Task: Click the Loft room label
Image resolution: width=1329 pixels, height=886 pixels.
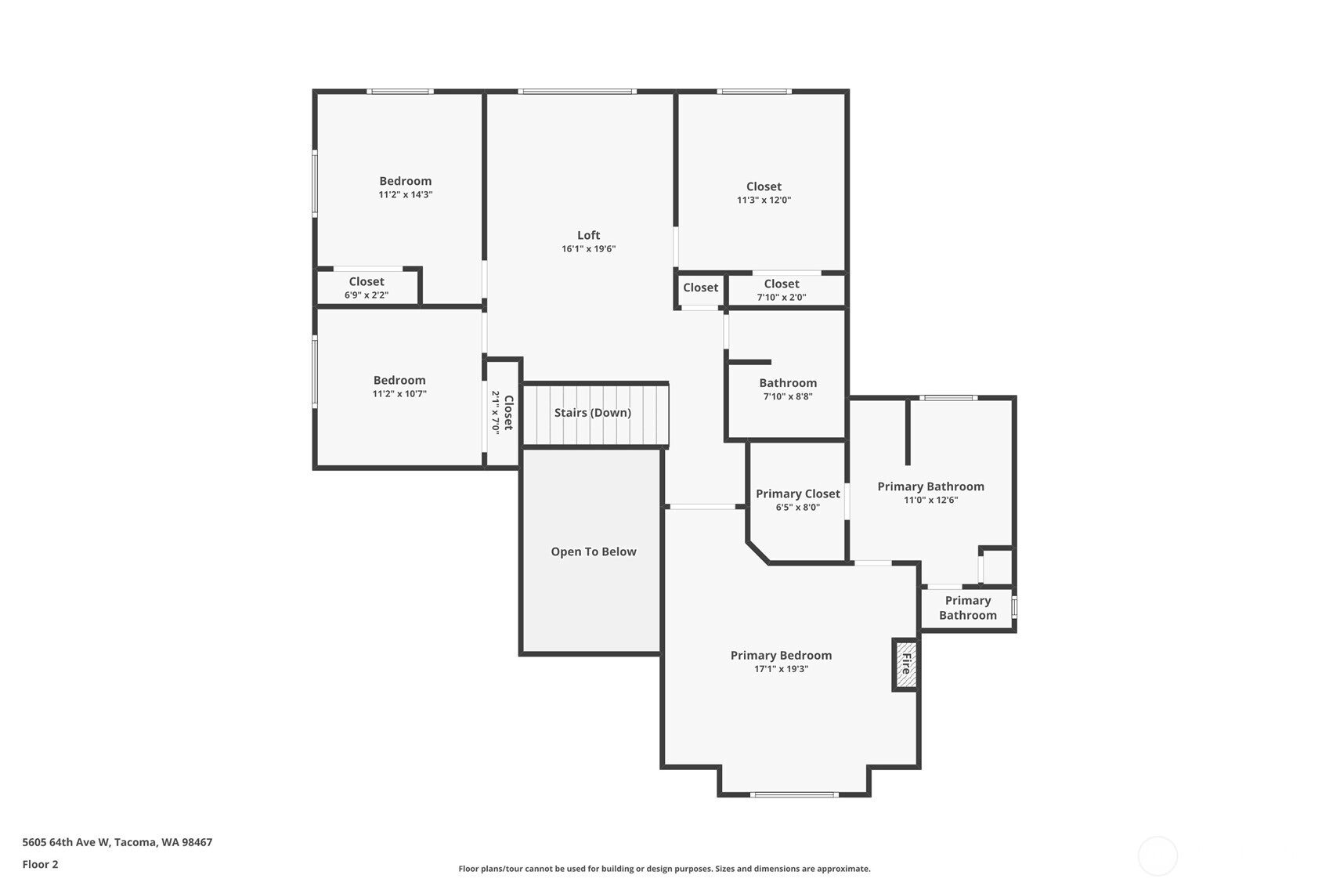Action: click(589, 235)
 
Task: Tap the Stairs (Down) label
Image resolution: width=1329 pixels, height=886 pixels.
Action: click(593, 412)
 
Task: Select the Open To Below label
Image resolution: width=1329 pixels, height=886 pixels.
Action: click(594, 552)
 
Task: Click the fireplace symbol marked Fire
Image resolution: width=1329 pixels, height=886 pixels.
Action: click(905, 664)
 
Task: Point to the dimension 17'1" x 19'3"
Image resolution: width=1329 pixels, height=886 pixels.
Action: click(781, 669)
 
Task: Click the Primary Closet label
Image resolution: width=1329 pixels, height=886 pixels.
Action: click(797, 494)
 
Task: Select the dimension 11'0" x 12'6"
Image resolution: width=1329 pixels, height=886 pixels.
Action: click(930, 500)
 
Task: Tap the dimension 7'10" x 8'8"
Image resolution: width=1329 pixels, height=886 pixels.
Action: click(787, 396)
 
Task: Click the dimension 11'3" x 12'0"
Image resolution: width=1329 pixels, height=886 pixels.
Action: click(764, 200)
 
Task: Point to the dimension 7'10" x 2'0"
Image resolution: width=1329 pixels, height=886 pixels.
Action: click(782, 298)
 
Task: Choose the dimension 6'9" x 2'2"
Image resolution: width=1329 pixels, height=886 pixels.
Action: click(366, 295)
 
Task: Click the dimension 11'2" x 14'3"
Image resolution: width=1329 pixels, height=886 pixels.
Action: click(405, 194)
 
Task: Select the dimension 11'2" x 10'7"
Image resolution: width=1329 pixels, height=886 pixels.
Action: click(399, 393)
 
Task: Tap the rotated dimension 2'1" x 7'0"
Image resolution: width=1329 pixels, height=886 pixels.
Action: click(496, 412)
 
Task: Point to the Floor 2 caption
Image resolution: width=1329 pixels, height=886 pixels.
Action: click(41, 864)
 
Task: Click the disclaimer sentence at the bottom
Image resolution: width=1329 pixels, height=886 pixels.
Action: click(664, 869)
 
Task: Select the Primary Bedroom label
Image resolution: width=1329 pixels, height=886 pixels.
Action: click(781, 655)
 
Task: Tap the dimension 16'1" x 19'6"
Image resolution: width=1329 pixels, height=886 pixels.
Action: click(589, 248)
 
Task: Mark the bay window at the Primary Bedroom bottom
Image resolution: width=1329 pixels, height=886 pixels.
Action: click(794, 794)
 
